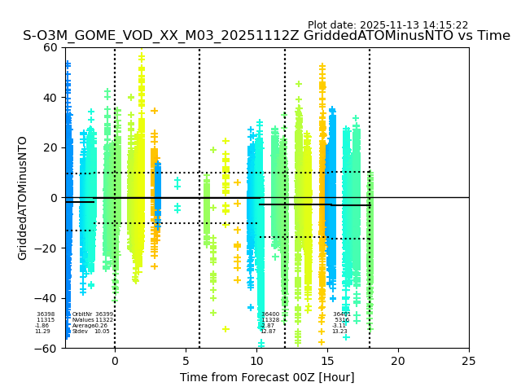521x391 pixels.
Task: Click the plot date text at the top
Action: pos(387,25)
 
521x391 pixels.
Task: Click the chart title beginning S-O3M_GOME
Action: pos(266,36)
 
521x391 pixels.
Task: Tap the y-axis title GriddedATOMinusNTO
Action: pos(23,198)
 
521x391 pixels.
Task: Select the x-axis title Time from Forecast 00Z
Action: pos(266,377)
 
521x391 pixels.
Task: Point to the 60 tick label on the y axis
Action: pos(50,47)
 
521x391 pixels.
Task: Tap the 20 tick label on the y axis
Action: pos(50,147)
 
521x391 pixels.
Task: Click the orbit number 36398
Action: pos(46,314)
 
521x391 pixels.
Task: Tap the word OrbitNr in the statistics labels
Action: pos(82,314)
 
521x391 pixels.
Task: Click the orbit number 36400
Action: pos(270,314)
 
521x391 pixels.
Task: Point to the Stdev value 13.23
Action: pos(339,332)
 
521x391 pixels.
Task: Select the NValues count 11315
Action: pos(46,320)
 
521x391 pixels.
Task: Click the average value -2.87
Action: pos(268,326)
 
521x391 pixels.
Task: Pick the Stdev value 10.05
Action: pos(102,332)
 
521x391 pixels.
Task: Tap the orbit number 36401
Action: pos(341,314)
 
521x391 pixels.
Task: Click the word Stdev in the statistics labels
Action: pos(80,332)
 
